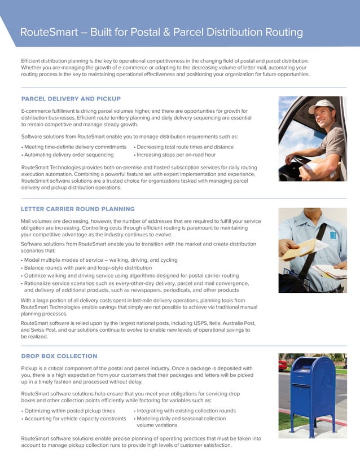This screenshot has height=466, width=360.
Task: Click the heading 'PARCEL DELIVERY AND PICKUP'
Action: coord(71,99)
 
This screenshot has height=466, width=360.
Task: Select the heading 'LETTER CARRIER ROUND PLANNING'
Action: coord(77,209)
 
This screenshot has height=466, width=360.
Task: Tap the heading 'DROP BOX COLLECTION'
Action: coord(59,356)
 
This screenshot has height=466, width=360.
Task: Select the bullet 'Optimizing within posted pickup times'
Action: coord(69,411)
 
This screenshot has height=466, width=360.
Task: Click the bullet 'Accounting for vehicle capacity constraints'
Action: coord(74,419)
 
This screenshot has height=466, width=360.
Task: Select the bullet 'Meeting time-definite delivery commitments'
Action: coord(74,147)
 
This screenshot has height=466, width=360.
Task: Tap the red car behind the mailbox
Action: coord(283,365)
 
